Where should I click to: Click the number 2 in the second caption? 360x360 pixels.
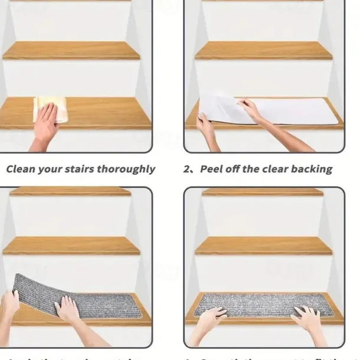187,169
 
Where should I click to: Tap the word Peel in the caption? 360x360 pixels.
212,169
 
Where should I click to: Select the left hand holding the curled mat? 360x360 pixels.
8,306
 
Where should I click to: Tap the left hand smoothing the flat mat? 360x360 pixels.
211,320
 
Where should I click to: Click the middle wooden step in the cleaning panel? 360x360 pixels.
71,50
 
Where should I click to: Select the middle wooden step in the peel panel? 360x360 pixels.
263,50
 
